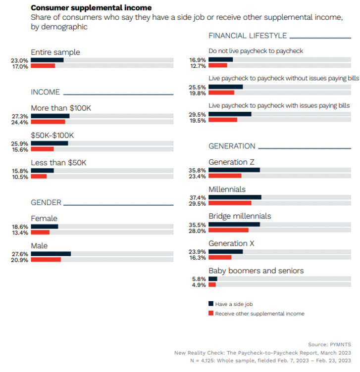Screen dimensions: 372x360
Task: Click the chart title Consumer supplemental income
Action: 91,8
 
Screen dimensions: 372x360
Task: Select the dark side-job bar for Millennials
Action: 235,197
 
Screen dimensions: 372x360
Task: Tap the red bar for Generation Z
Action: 225,176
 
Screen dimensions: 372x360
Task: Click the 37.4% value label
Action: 199,197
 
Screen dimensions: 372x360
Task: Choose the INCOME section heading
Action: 45,93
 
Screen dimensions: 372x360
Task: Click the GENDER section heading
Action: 46,202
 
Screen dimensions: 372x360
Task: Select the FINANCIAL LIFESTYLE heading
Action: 248,36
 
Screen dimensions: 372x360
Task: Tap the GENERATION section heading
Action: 232,146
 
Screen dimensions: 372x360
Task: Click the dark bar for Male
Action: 51,253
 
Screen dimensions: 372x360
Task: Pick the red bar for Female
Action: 40,232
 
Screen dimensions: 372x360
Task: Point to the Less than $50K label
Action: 58,163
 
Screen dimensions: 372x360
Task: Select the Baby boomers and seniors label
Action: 256,271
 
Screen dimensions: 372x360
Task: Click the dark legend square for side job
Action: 210,304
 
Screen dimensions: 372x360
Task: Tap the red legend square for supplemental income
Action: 210,314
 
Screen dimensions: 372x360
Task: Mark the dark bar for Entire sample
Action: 47,60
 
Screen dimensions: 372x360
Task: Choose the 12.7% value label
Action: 199,65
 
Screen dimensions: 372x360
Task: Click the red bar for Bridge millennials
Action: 228,230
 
